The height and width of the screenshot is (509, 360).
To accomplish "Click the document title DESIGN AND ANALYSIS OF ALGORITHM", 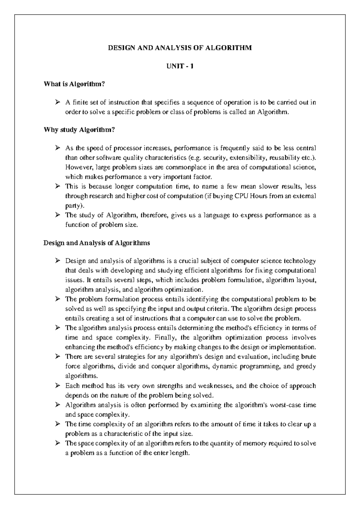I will (180, 48).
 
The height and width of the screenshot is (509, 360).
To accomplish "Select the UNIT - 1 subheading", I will (180, 66).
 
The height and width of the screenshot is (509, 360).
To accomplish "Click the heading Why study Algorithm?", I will (79, 130).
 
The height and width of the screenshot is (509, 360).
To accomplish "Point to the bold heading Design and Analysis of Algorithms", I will (97, 243).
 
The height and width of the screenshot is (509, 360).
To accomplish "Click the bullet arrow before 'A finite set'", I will (58, 103).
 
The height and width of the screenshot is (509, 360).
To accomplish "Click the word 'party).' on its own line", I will (75, 206).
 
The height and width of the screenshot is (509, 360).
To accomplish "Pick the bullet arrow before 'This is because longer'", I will (58, 187).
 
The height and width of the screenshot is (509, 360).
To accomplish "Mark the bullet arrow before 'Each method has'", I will (58, 386).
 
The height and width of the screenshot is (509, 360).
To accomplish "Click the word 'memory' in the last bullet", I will (256, 443).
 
